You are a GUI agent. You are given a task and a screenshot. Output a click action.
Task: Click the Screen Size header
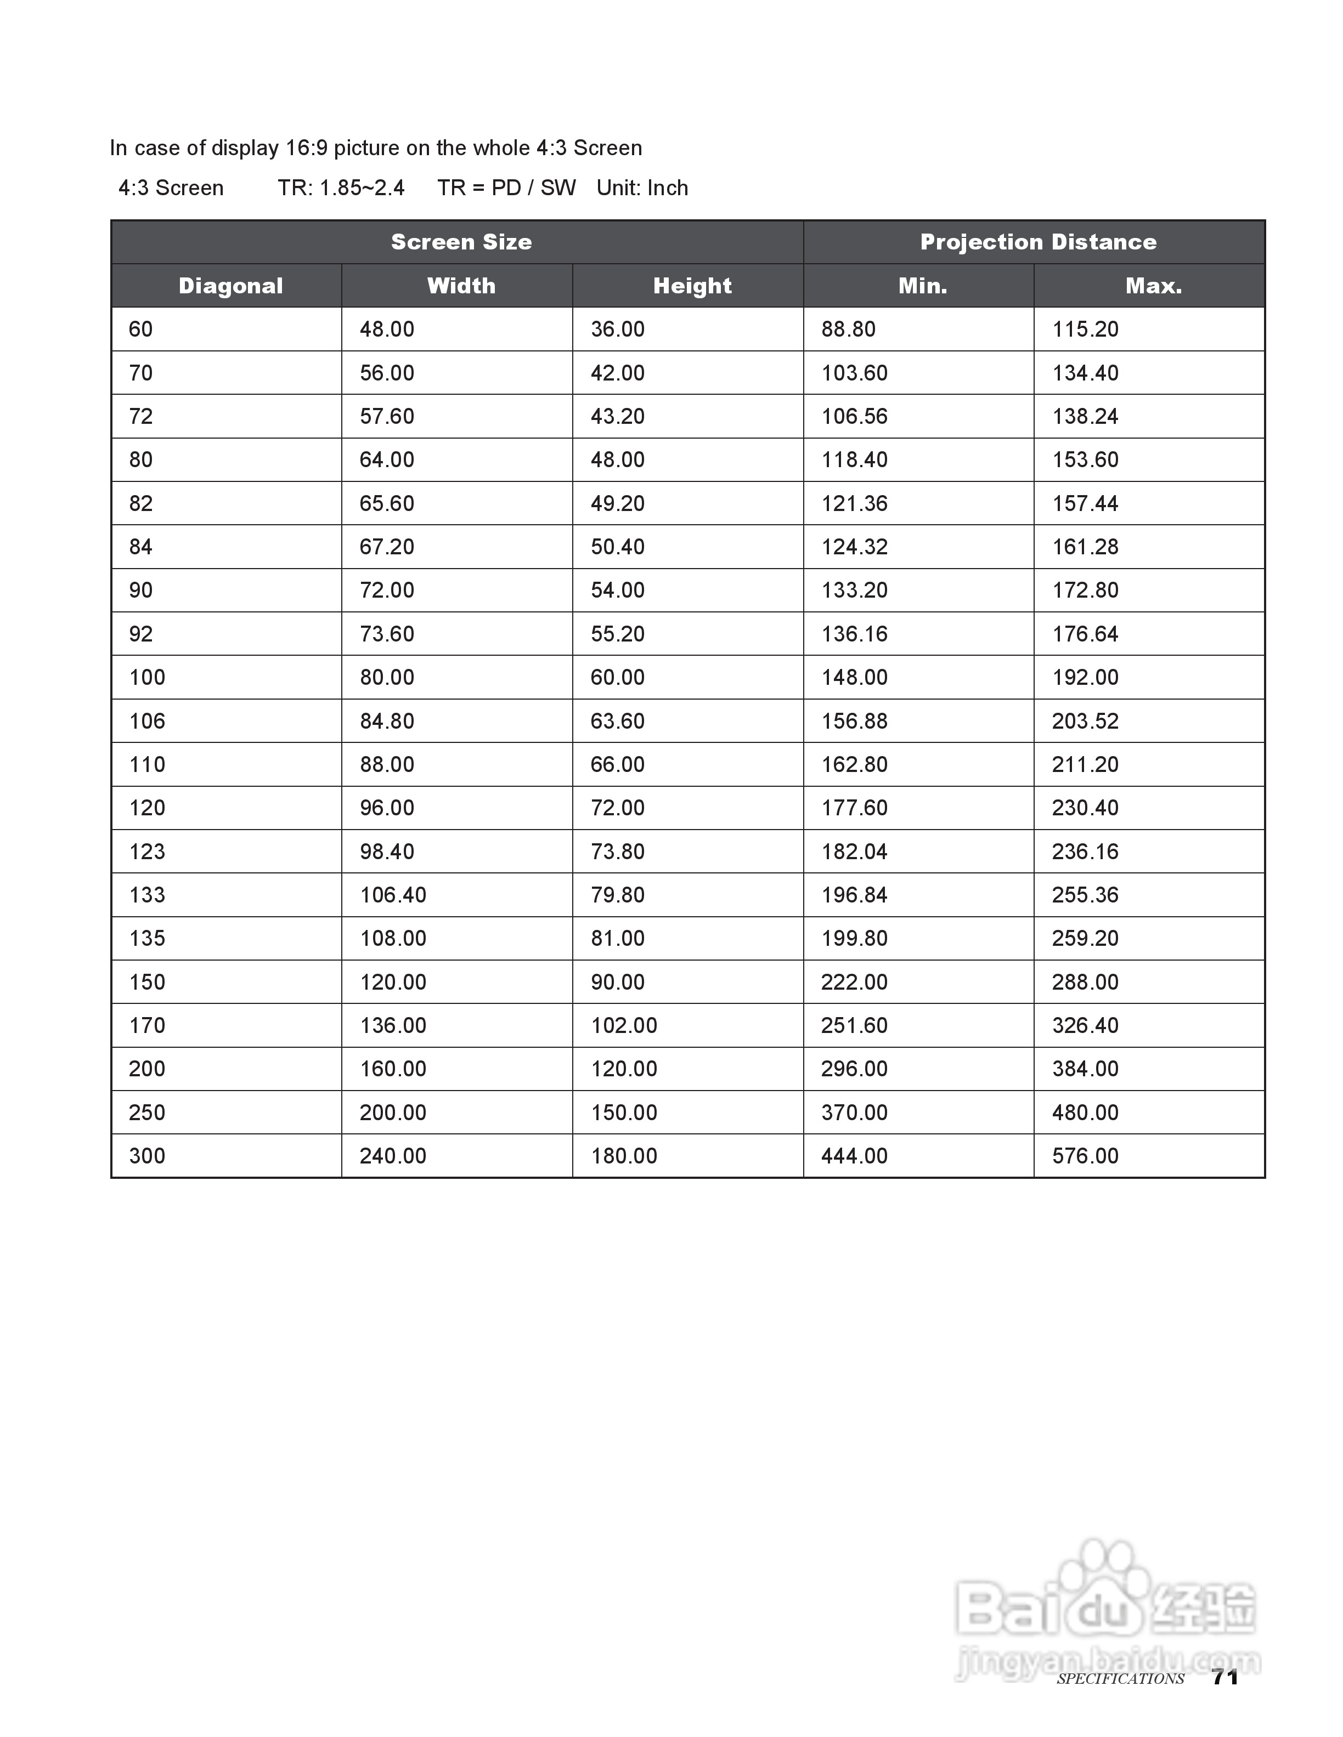click(461, 242)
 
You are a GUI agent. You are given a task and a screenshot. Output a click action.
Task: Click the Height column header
click(692, 286)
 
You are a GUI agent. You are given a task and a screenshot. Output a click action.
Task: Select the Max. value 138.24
click(1085, 416)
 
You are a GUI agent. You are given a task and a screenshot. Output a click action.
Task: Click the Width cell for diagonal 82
click(387, 503)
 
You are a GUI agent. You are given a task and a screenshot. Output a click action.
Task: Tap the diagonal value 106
click(147, 722)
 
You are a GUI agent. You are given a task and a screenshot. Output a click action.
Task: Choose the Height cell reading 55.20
click(617, 634)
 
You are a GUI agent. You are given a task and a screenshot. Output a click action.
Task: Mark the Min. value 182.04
click(854, 852)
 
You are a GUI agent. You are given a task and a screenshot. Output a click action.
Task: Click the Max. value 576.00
click(1085, 1156)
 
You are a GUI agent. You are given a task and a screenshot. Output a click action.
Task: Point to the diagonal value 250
click(147, 1112)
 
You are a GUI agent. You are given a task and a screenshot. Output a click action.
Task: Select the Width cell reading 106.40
click(393, 895)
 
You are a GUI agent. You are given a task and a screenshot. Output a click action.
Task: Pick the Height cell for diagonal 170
click(624, 1025)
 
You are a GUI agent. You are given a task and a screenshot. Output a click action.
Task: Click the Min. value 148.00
click(854, 678)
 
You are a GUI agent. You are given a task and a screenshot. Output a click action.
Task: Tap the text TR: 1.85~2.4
click(341, 188)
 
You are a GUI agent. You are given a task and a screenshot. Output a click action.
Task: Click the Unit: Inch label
click(642, 188)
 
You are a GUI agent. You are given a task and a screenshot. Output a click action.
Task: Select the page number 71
click(1224, 1677)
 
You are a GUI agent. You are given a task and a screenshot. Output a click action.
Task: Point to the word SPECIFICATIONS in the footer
click(1120, 1679)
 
